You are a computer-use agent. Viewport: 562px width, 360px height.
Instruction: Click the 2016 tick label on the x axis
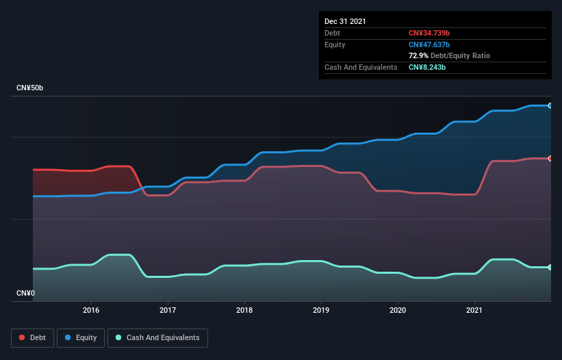point(91,310)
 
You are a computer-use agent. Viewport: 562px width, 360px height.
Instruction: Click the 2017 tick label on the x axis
point(168,310)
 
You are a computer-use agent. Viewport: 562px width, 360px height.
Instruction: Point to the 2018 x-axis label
point(244,310)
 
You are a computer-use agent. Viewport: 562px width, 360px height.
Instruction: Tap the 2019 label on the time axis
point(321,310)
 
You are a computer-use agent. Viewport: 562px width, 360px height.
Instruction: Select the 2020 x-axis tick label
point(398,310)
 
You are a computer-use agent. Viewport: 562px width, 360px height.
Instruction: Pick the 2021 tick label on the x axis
point(474,310)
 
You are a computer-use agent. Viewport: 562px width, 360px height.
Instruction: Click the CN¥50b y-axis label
point(29,88)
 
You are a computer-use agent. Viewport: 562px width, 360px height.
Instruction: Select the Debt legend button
point(33,337)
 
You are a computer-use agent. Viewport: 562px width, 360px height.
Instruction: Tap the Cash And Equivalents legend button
point(157,337)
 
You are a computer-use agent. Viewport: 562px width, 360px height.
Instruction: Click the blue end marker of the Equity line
point(550,105)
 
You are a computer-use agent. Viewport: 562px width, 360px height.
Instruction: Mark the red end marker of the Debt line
point(550,158)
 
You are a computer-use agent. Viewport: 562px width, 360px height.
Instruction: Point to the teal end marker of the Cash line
point(550,267)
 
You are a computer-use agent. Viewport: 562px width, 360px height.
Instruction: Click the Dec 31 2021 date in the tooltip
point(345,21)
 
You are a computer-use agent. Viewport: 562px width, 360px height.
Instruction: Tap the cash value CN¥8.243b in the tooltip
point(428,67)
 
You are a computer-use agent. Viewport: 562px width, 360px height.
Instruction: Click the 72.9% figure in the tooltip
point(418,55)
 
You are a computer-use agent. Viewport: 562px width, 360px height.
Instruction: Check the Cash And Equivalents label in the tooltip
point(361,67)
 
